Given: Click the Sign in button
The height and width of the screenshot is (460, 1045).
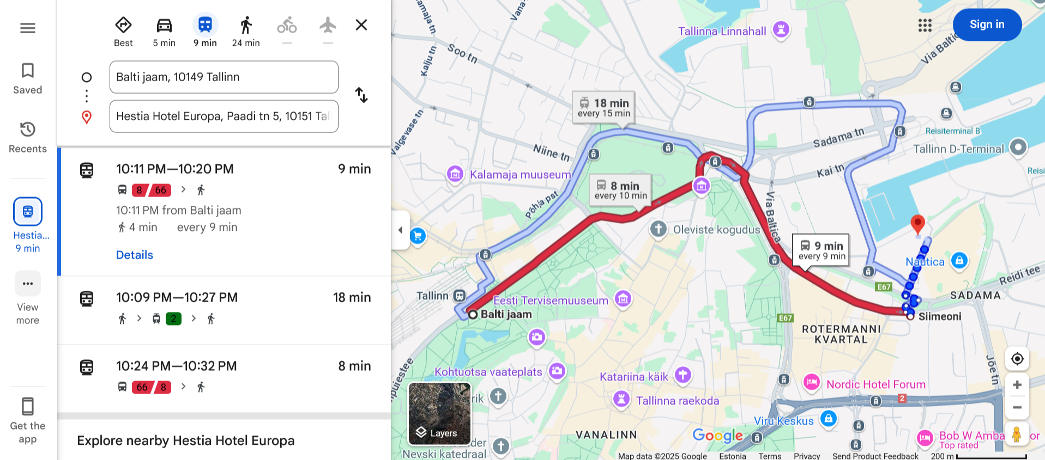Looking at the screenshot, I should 987,24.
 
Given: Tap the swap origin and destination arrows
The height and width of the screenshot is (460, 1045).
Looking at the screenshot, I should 361,95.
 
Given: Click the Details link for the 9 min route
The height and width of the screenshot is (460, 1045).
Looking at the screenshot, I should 134,255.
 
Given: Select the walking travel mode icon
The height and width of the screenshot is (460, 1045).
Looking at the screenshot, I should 246,26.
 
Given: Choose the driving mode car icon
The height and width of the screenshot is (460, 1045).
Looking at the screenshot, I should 164,26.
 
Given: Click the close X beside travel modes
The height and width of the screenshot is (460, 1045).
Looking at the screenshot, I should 361,25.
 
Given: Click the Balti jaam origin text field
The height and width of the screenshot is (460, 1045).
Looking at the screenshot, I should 224,77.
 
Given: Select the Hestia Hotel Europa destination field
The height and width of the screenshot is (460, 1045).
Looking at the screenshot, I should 224,116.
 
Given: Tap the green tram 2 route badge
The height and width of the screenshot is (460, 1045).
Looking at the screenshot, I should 173,318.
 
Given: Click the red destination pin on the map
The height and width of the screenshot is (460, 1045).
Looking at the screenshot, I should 917,224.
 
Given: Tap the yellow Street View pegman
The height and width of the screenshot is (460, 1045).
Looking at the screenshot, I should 1016,434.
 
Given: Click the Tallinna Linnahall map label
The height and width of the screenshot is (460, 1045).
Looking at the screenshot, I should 722,31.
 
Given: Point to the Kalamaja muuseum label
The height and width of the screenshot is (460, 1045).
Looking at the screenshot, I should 520,175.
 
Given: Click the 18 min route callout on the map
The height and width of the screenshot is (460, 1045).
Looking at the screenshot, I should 603,107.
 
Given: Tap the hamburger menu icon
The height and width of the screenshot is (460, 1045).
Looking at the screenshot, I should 28,28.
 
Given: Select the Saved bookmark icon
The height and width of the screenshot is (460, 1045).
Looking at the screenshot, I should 28,71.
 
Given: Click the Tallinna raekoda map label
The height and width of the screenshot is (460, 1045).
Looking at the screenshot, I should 677,401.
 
